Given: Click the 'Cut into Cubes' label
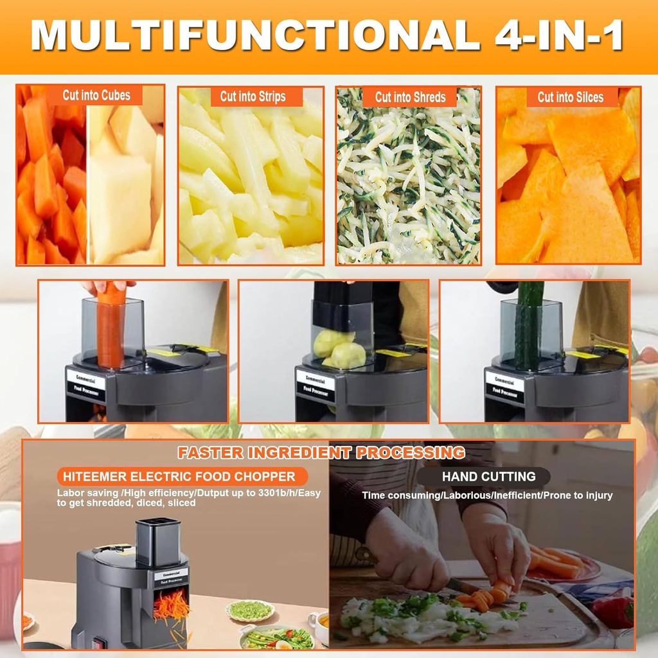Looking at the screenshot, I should pos(96,96).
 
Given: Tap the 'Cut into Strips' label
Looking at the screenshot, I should pos(253,97).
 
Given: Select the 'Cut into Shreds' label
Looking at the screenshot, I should pos(410,98).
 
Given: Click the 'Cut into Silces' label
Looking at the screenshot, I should pos(570,98).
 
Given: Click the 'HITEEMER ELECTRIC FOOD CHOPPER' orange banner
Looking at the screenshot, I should pos(175,477).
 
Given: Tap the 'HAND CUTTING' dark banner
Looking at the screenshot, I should pos(488,477).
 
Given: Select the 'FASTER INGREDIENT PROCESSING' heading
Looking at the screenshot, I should pos(321,452).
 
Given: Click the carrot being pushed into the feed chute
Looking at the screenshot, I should pos(111,328).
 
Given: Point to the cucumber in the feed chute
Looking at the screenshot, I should pos(529,325).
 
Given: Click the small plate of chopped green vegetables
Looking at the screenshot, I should pos(249,610).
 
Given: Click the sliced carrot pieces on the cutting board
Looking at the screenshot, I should pos(479,598).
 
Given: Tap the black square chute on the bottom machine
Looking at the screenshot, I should pos(158,542).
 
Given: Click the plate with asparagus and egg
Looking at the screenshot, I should pos(276,638).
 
